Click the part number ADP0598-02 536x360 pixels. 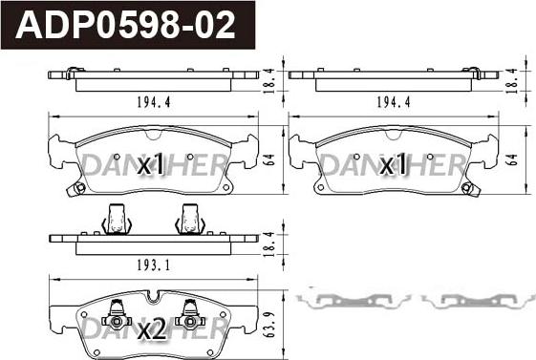tap(127, 25)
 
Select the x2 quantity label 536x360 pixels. tap(152, 330)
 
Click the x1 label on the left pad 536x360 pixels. tap(152, 165)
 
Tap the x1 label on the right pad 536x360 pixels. tap(394, 165)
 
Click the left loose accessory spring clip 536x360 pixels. tap(353, 300)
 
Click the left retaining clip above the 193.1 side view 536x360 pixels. tap(117, 221)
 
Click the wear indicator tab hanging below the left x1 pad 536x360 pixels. tap(75, 188)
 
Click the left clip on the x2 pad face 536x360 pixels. tap(117, 310)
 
